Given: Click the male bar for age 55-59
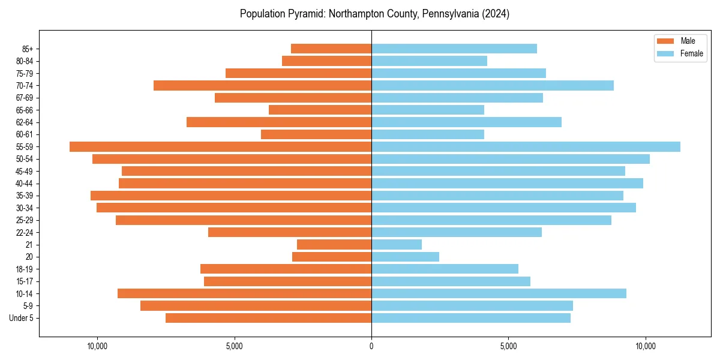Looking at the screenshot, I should click(x=220, y=147).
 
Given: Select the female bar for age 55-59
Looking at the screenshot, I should click(x=526, y=147).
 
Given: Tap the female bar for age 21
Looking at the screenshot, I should click(x=397, y=245).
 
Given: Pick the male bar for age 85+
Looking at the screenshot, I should click(x=331, y=49).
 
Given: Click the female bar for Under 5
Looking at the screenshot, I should click(x=471, y=318).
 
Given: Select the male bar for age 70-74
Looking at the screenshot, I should click(x=262, y=85).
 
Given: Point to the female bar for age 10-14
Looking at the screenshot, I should click(x=499, y=293).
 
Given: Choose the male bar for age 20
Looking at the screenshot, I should click(x=332, y=257).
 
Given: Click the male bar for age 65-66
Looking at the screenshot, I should click(x=320, y=110).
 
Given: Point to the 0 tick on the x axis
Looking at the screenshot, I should click(x=371, y=346).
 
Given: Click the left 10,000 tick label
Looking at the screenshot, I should click(x=97, y=346).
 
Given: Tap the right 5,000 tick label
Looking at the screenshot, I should click(x=508, y=346).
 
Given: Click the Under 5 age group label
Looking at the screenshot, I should click(x=22, y=318).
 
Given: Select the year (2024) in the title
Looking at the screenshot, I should click(x=494, y=14).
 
